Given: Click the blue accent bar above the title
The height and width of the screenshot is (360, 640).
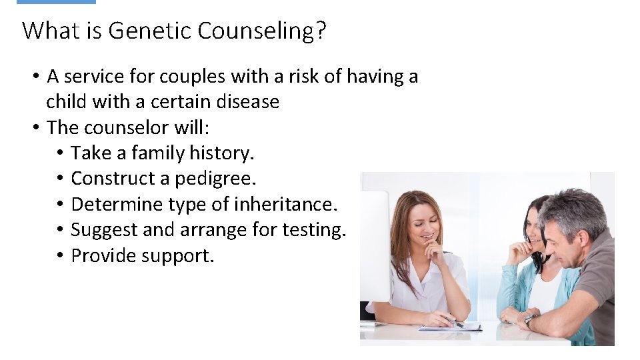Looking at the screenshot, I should tap(56, 2).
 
